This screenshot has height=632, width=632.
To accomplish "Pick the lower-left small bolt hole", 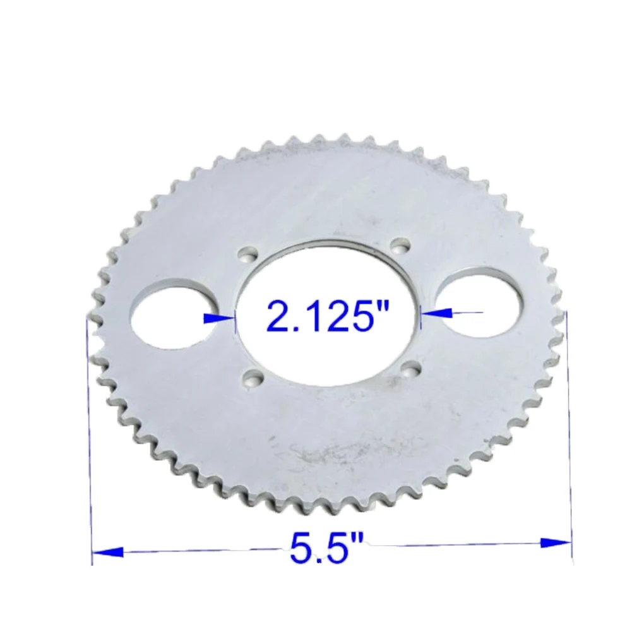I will pos(254,378).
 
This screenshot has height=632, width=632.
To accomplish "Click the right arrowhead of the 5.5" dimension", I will pos(556,542).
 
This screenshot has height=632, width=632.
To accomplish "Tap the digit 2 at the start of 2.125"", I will pos(278,316).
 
